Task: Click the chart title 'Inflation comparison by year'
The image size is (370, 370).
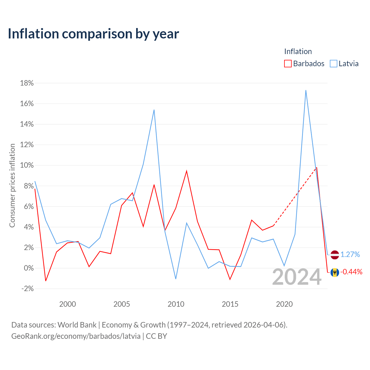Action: click(x=93, y=34)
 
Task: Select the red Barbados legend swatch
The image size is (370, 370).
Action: click(x=288, y=64)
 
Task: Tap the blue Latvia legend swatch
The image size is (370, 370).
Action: click(x=333, y=64)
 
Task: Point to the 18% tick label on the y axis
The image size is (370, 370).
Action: click(x=27, y=83)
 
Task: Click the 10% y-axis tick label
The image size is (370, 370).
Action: click(x=27, y=165)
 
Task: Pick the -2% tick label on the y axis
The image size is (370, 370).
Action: click(x=27, y=288)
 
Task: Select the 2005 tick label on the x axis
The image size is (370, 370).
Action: click(x=121, y=304)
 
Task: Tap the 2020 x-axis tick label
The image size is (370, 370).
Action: click(x=284, y=304)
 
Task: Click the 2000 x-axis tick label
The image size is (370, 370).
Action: click(x=67, y=304)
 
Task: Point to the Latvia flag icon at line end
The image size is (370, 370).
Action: click(x=335, y=255)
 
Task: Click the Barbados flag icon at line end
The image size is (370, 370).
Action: click(x=335, y=272)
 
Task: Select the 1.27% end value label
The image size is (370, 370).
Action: click(x=350, y=254)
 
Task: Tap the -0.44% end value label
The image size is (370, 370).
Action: click(x=351, y=272)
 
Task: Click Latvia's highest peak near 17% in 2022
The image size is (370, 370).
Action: click(x=306, y=90)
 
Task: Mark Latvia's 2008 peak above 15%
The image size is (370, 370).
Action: click(x=154, y=110)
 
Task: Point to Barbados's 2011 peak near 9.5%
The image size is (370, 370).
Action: click(x=186, y=171)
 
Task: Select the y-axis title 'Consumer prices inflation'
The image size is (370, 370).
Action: click(x=12, y=186)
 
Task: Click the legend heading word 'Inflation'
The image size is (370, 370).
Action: click(x=298, y=51)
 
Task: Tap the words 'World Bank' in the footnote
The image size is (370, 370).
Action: click(x=77, y=325)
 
